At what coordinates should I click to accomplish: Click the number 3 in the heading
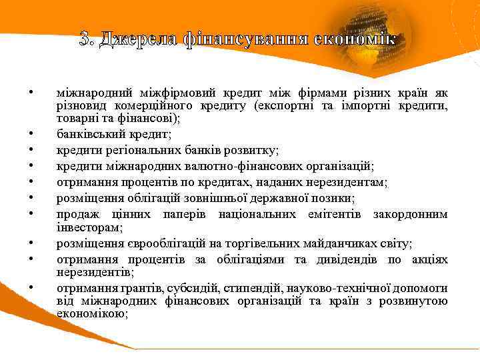(x=84, y=39)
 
